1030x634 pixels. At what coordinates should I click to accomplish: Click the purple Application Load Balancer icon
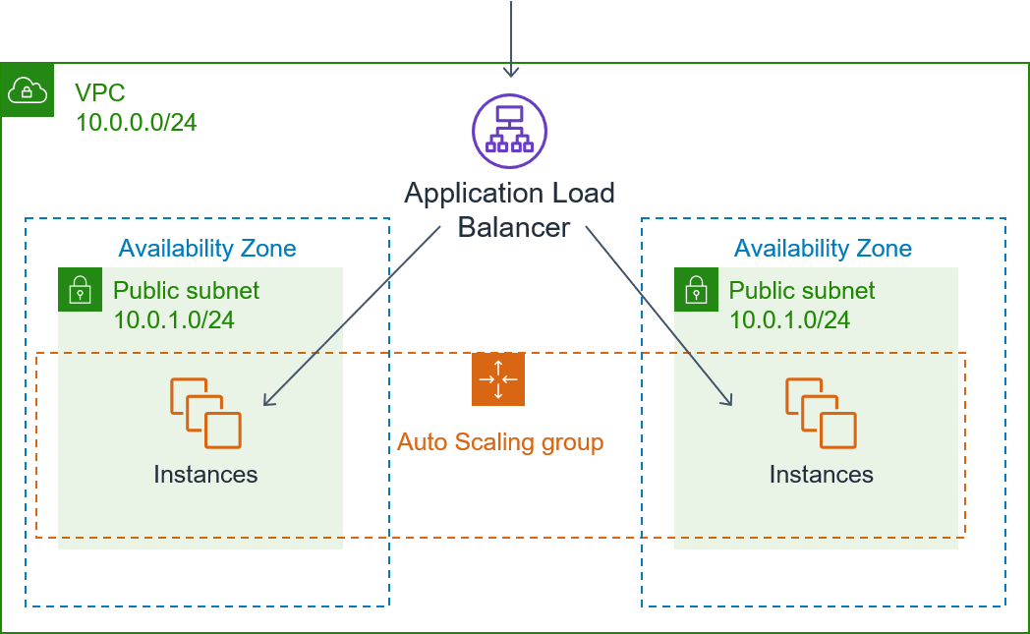point(509,131)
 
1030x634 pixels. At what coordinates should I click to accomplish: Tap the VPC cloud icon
point(28,91)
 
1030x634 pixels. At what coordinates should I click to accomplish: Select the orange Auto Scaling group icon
point(498,379)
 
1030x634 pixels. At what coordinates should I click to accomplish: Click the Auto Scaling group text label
point(499,442)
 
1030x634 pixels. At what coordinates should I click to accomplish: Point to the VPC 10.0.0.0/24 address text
point(136,122)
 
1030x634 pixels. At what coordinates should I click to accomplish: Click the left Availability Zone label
point(207,248)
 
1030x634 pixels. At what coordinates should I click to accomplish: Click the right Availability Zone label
point(823,249)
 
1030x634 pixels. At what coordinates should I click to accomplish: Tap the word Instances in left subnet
point(205,475)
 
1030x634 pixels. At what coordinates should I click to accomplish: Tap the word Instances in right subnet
point(821,475)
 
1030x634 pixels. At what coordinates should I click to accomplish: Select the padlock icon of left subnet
point(80,290)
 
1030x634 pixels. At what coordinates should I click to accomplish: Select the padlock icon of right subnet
point(696,290)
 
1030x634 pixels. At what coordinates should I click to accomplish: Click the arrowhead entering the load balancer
point(510,71)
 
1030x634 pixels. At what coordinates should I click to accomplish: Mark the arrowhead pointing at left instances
point(267,400)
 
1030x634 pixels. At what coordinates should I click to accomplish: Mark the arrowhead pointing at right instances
point(728,400)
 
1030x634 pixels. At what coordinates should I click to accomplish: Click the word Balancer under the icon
point(513,227)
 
